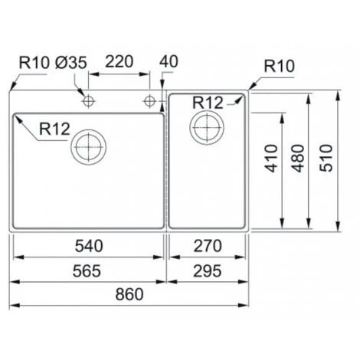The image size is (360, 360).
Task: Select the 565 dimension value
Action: point(90,269)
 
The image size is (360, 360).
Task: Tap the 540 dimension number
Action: point(90,246)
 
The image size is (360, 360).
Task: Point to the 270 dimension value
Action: point(206,246)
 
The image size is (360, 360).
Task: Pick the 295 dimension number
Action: point(206,269)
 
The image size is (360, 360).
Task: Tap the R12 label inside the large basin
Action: point(54,131)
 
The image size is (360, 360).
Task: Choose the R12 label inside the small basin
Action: point(208,102)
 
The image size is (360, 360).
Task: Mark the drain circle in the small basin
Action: point(207,126)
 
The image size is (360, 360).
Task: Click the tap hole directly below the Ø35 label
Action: point(89,100)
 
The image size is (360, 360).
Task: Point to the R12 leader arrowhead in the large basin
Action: point(16,117)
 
